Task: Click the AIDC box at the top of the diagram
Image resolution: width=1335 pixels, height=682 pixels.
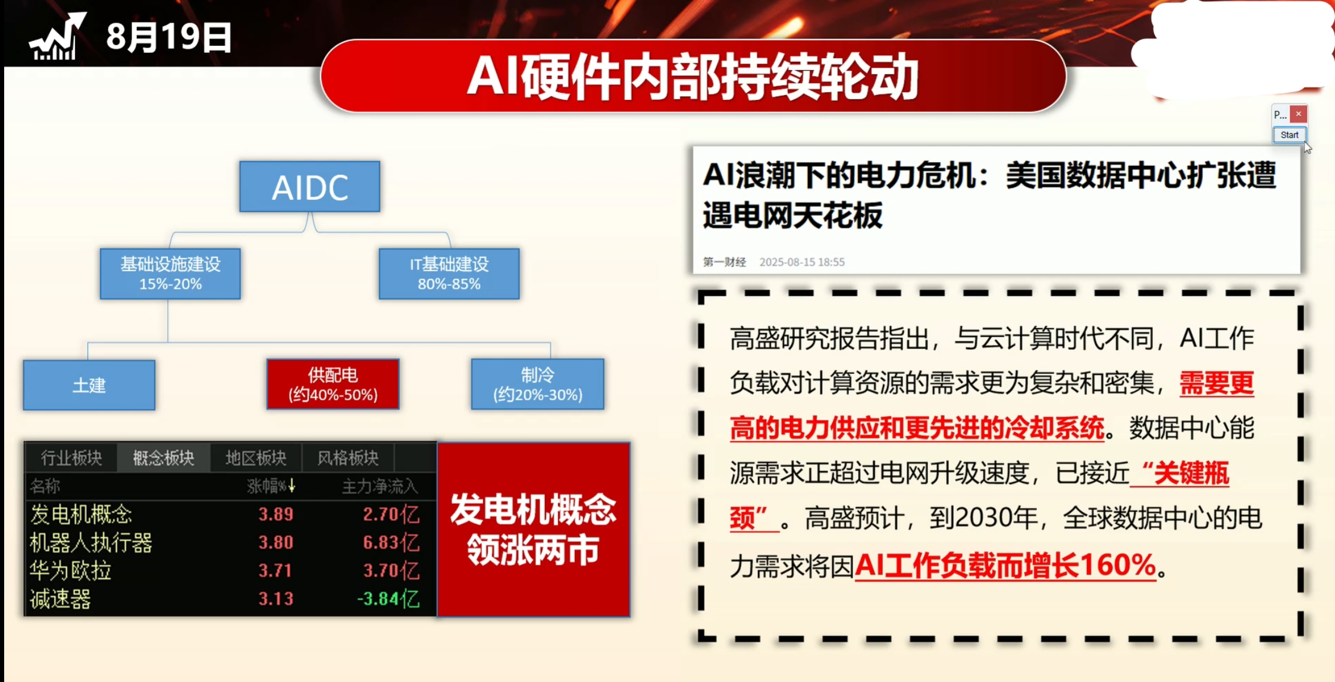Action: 309,187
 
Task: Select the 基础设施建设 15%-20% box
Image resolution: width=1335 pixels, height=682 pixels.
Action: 170,274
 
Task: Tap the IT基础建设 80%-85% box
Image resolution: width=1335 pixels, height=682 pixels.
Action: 449,274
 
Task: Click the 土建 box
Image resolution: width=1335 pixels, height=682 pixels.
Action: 89,385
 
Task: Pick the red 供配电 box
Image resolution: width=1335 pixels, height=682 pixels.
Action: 333,384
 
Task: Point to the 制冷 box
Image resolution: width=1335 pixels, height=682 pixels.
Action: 537,384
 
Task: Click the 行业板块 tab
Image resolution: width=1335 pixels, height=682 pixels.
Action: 71,458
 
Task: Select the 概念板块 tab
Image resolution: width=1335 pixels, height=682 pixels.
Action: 164,458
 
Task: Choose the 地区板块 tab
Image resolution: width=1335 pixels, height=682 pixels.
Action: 256,458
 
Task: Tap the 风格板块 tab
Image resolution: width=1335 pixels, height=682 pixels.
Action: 348,458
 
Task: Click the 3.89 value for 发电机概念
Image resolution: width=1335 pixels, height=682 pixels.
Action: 275,514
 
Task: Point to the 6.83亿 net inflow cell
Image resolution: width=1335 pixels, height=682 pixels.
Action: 391,542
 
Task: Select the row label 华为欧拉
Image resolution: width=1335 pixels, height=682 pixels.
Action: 71,571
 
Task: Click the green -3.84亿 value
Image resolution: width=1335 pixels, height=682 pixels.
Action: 388,599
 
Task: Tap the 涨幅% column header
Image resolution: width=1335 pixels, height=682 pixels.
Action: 271,486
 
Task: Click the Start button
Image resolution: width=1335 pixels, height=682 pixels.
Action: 1289,135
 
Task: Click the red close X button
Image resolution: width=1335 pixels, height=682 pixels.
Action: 1299,114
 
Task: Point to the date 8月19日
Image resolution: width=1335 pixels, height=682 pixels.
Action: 169,37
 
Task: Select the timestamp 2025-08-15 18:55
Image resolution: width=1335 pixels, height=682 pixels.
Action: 802,262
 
